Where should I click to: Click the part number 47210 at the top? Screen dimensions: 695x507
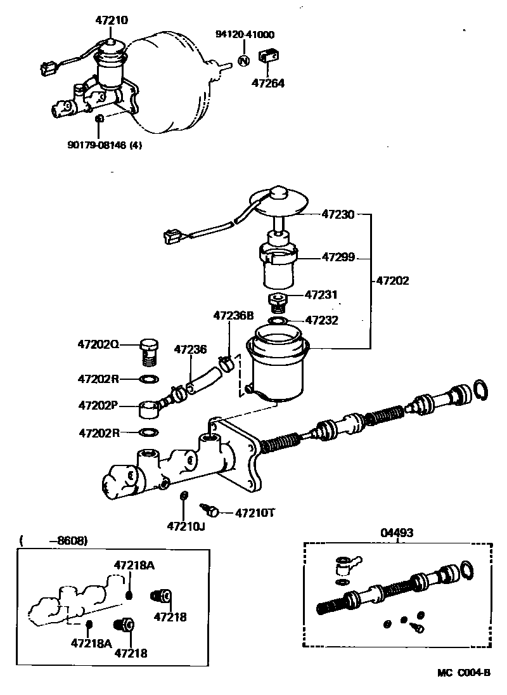click(112, 20)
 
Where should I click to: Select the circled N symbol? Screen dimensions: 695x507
click(243, 60)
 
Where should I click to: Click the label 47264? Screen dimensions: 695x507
click(268, 82)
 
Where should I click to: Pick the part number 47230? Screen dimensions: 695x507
click(338, 215)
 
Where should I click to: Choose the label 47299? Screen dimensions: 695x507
click(338, 257)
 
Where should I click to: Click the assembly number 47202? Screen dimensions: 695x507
click(393, 279)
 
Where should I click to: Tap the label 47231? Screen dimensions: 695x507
click(321, 295)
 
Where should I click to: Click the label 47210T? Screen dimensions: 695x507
click(254, 512)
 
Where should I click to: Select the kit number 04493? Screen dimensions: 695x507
click(397, 533)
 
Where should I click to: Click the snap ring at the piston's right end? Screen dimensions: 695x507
click(480, 391)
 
